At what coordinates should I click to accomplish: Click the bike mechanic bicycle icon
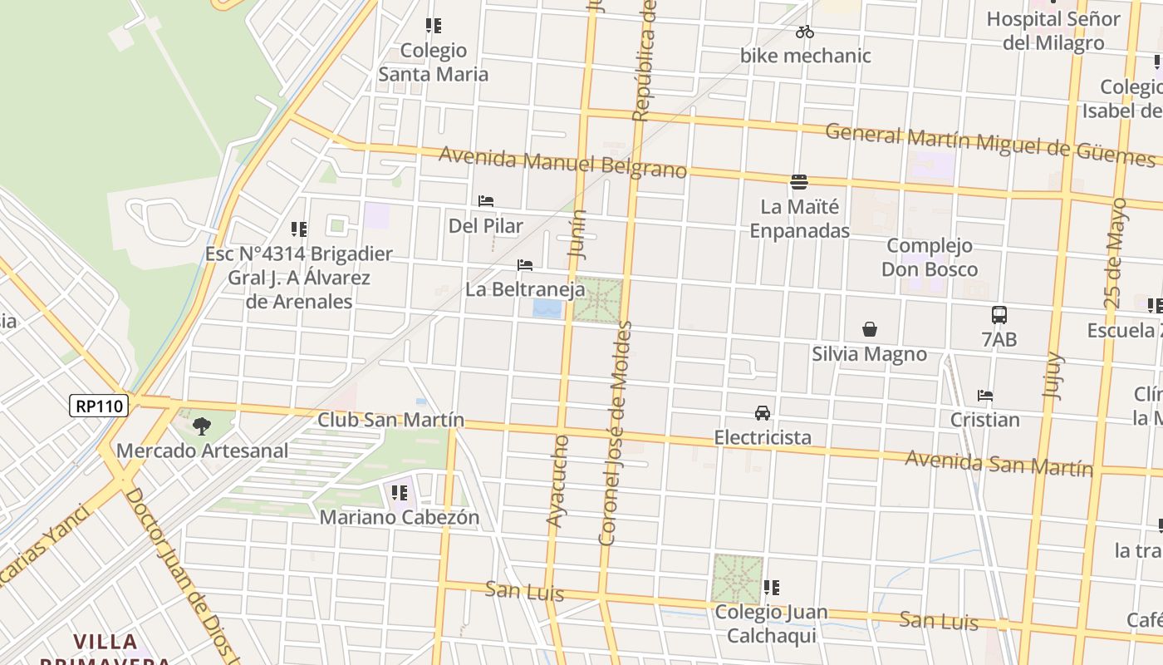(804, 32)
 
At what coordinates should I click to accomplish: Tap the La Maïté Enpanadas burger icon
(799, 181)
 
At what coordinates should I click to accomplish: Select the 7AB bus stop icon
(999, 315)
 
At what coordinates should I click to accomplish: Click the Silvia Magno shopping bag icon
(869, 329)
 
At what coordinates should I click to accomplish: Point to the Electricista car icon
(762, 412)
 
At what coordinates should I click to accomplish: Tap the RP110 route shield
(100, 406)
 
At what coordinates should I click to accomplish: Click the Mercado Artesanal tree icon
(201, 426)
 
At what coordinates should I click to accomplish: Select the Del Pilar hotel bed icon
(486, 201)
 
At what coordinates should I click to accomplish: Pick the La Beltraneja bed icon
(525, 265)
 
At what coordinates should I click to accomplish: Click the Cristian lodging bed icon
(985, 396)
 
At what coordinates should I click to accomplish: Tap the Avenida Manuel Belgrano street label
(562, 162)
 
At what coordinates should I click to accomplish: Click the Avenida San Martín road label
(999, 463)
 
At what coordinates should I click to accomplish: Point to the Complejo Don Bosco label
(929, 258)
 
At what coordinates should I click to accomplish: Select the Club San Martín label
(390, 420)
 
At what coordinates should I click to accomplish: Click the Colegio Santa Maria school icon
(433, 26)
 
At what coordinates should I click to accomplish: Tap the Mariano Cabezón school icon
(400, 493)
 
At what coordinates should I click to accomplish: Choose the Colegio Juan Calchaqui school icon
(771, 588)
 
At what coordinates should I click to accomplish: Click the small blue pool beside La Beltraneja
(547, 309)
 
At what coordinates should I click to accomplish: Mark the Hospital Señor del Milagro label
(1053, 31)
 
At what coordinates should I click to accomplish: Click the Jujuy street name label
(1053, 376)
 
